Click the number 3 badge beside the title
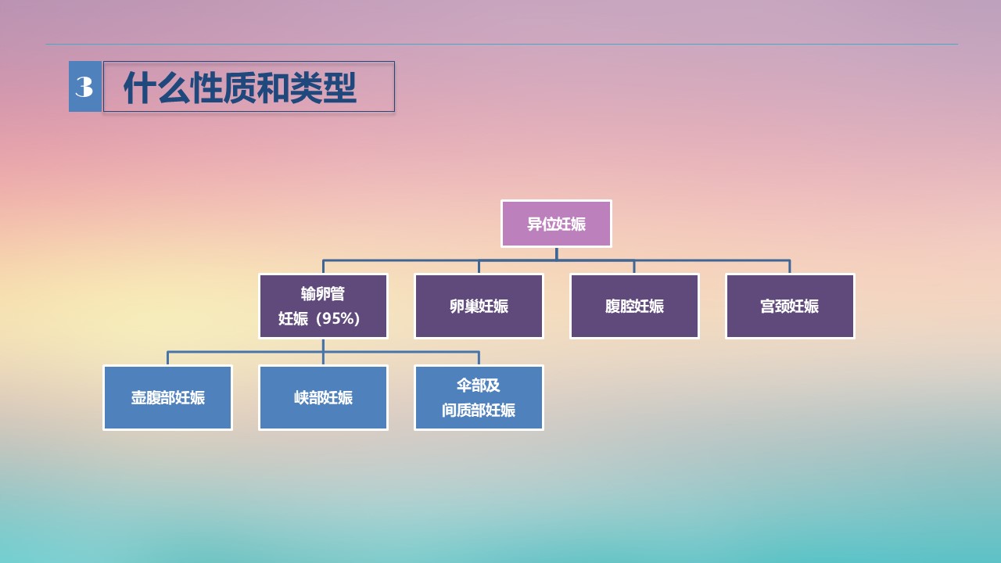85,86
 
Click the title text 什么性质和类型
240,88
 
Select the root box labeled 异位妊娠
556,224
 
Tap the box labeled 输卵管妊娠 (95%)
323,306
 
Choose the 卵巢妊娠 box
479,306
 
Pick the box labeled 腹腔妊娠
634,306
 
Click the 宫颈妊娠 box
790,306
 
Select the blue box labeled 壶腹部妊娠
167,398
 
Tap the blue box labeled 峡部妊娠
323,398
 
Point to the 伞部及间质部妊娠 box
479,398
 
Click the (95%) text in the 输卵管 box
337,318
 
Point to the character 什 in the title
139,88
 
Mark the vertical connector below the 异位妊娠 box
556,253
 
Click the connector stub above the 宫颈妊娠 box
790,267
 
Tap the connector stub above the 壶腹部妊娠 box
167,358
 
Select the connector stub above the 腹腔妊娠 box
634,267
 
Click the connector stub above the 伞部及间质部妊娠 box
479,358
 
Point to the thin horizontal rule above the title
502,45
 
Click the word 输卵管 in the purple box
323,293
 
